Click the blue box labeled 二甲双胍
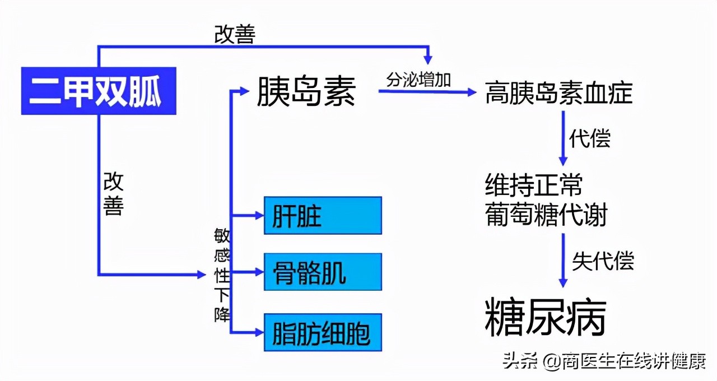coord(99,91)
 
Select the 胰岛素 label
coord(306,91)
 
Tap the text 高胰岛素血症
coord(558,92)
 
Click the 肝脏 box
coord(323,215)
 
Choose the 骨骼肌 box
coord(323,272)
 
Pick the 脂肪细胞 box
coord(323,332)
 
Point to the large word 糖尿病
coord(545,317)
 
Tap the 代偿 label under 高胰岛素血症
coord(589,138)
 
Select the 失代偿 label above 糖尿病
coord(603,261)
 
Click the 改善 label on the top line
coord(235,35)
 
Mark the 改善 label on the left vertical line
coord(113,194)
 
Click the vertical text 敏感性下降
coord(222,275)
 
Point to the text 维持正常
coord(534,185)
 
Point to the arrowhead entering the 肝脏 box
coord(258,215)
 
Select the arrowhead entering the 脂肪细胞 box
coord(258,332)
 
